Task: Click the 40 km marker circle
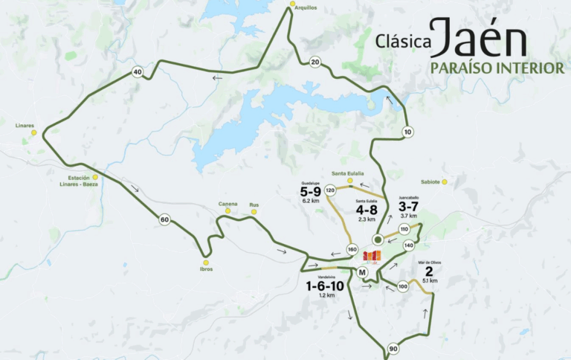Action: coord(137,72)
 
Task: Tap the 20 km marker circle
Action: coord(315,62)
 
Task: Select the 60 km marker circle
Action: coord(164,219)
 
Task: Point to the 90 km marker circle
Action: coord(393,349)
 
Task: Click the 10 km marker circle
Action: coord(407,132)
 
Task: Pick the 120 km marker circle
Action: coord(330,190)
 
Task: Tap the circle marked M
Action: coord(362,272)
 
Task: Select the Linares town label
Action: coord(25,126)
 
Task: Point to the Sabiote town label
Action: coord(430,181)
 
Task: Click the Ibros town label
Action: coord(206,269)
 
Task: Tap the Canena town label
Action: coord(228,204)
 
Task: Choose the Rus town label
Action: coord(254,204)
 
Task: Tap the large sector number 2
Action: coord(429,271)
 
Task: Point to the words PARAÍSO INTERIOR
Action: coord(487,68)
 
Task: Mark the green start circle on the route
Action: coord(378,240)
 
